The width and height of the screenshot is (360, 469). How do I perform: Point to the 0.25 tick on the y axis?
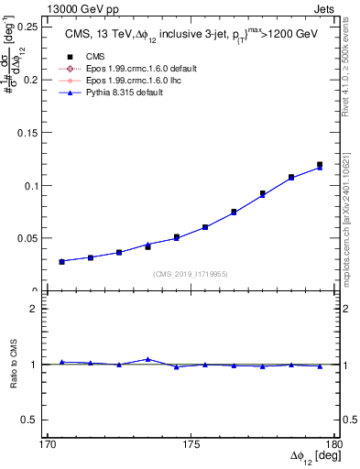pyautogui.click(x=29, y=27)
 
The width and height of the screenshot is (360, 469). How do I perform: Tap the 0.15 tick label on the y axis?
pyautogui.click(x=29, y=132)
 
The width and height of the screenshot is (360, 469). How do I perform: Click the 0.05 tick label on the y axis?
pyautogui.click(x=29, y=238)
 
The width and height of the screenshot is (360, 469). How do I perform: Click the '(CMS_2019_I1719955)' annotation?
pyautogui.click(x=191, y=272)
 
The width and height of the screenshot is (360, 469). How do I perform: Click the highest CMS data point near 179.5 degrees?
pyautogui.click(x=320, y=165)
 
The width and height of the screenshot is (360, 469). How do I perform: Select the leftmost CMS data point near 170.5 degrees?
pyautogui.click(x=61, y=261)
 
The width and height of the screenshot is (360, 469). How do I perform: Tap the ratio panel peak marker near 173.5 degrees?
pyautogui.click(x=147, y=359)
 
